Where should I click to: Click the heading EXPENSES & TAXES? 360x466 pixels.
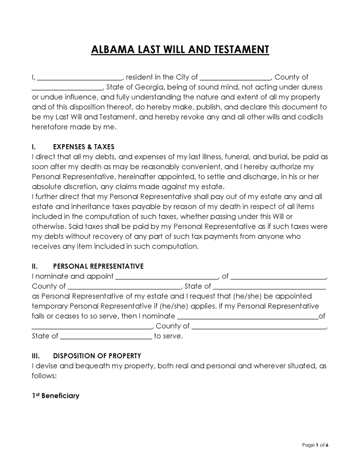click(x=84, y=147)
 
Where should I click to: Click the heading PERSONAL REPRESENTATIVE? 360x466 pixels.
click(x=98, y=266)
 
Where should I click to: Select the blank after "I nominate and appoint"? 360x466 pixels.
click(x=167, y=276)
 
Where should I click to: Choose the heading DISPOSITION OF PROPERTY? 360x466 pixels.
click(x=97, y=356)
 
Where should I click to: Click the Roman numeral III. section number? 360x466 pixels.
click(x=36, y=356)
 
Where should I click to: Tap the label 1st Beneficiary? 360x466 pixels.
click(x=55, y=396)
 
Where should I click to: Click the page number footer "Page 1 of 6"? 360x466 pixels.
click(x=315, y=445)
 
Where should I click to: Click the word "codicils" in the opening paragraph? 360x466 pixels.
click(x=309, y=117)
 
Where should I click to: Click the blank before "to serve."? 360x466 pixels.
click(x=106, y=336)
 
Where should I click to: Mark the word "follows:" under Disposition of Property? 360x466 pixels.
click(x=44, y=376)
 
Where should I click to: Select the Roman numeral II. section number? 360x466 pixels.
click(x=35, y=266)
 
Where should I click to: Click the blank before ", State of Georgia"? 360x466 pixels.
click(x=67, y=87)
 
